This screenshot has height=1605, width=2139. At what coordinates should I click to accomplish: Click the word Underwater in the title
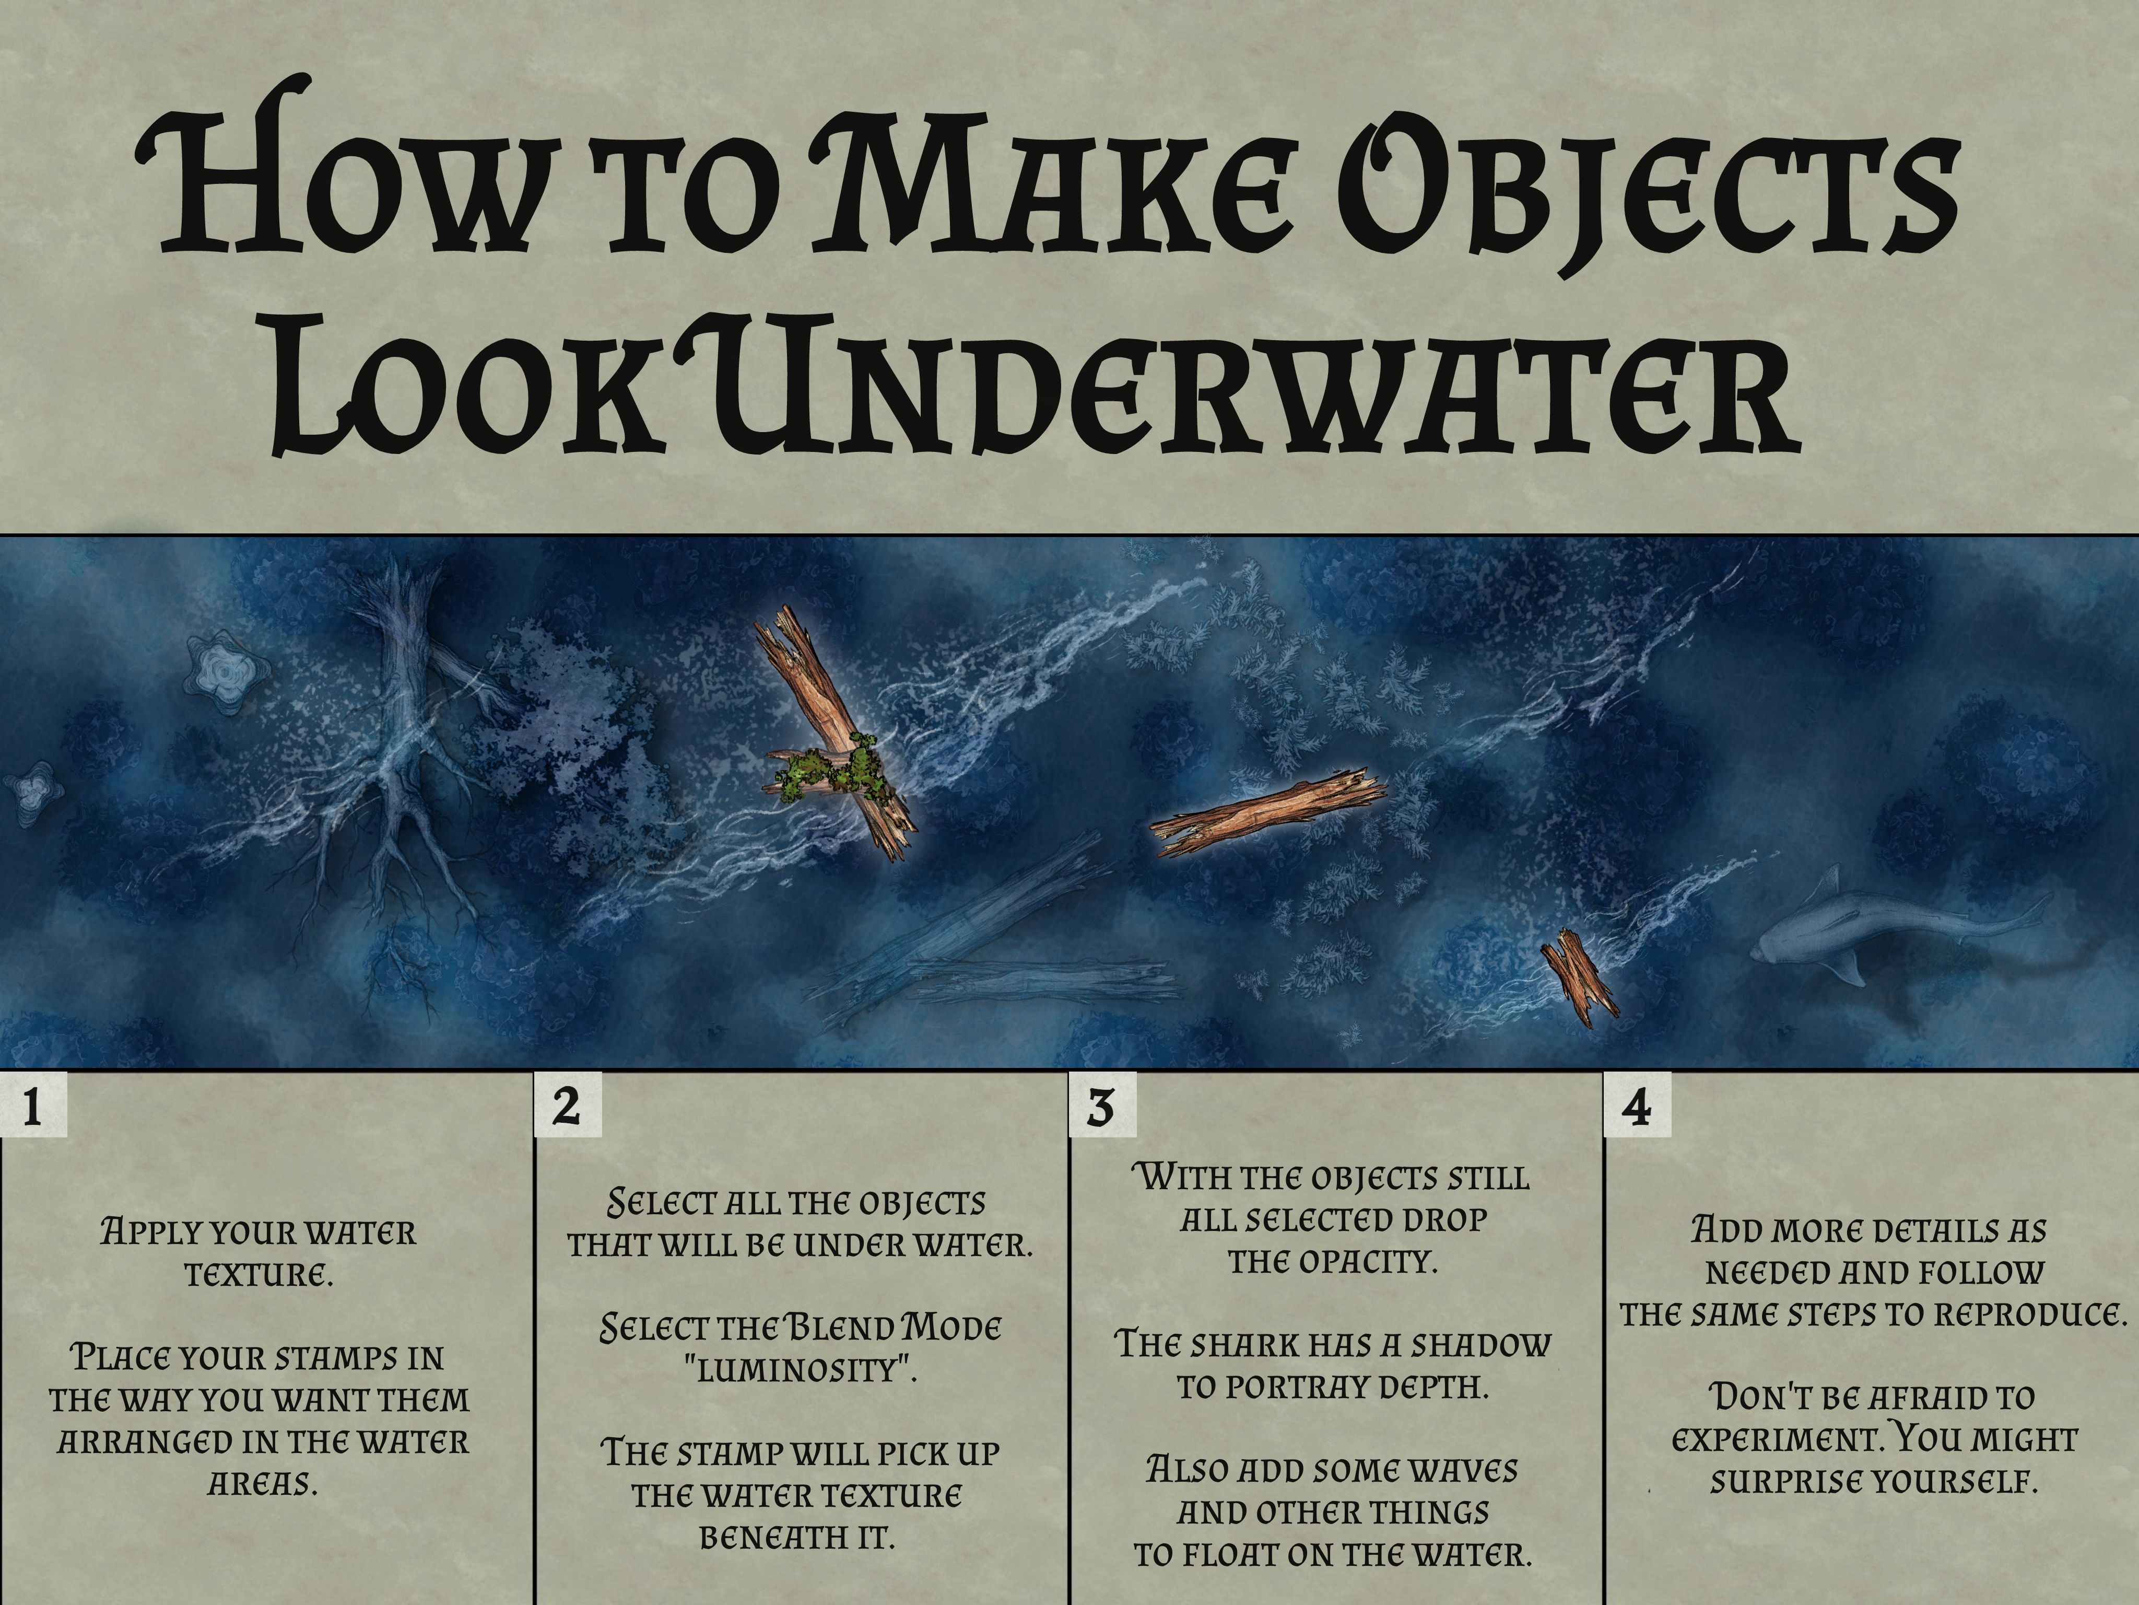1248,387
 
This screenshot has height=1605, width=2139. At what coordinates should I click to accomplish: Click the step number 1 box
33,1106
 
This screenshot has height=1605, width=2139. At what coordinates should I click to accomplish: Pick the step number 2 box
568,1106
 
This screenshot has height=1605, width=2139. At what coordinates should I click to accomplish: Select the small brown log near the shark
1578,977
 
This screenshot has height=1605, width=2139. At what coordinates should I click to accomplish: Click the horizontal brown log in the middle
1267,812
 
